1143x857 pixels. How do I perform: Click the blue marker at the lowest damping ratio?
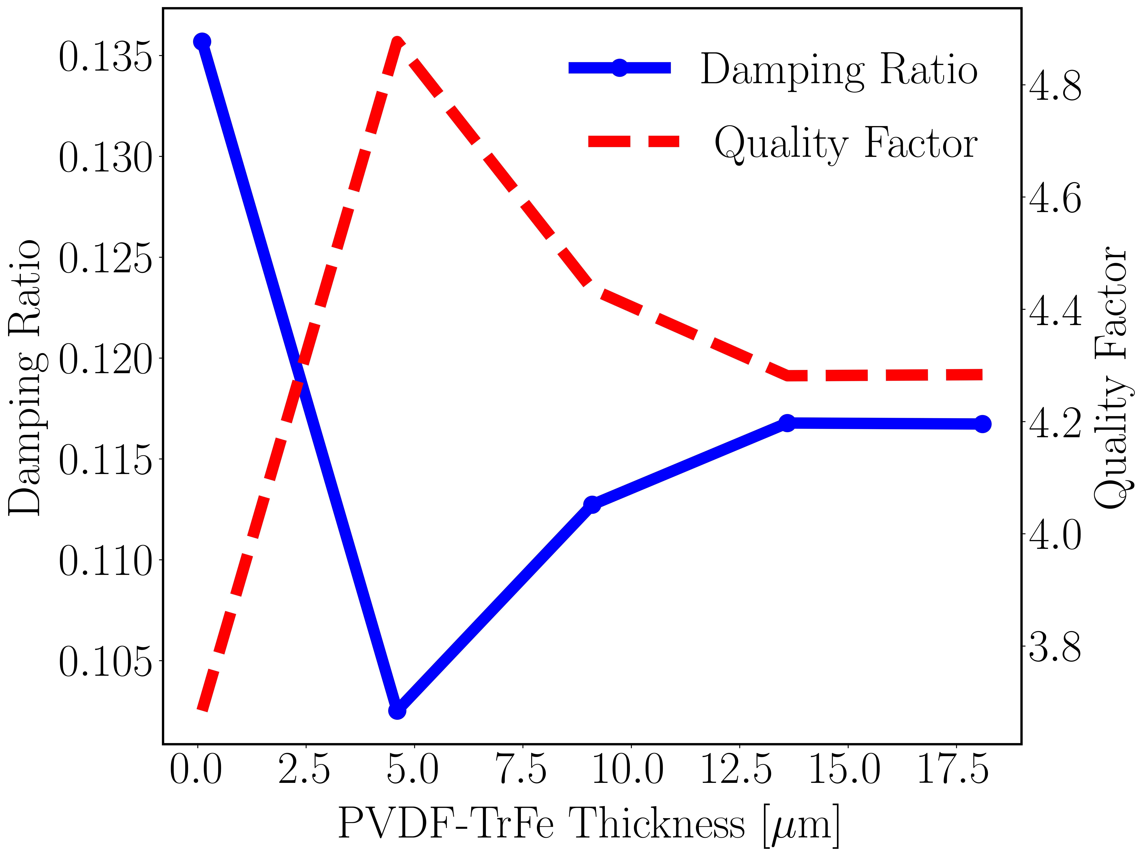point(397,711)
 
